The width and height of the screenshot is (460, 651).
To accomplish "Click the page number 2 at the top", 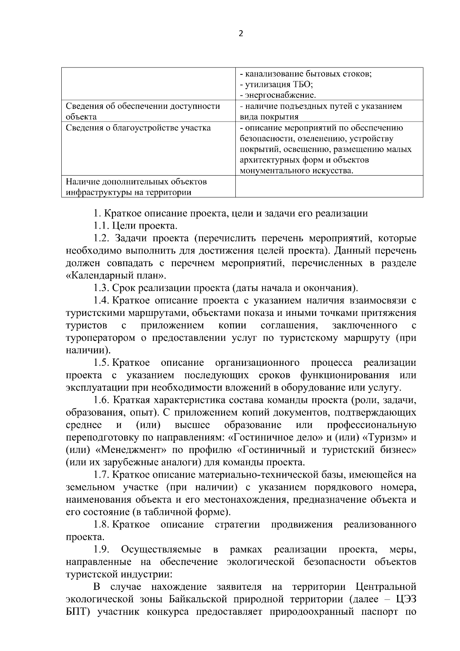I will click(241, 34).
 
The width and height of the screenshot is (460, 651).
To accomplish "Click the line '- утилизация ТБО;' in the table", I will click(276, 84).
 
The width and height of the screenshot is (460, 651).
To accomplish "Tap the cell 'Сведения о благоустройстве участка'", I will click(138, 128).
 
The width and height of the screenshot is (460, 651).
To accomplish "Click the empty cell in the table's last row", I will click(329, 186).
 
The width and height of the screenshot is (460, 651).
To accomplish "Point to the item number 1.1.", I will click(102, 226).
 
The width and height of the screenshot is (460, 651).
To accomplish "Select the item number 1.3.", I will click(102, 288).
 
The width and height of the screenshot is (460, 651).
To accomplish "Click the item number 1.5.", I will click(102, 363).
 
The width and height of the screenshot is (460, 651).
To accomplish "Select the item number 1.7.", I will click(102, 475).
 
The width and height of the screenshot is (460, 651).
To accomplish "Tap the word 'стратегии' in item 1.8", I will click(237, 524).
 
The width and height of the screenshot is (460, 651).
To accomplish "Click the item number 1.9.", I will click(102, 550).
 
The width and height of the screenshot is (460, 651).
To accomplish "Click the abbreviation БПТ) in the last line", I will click(77, 612).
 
